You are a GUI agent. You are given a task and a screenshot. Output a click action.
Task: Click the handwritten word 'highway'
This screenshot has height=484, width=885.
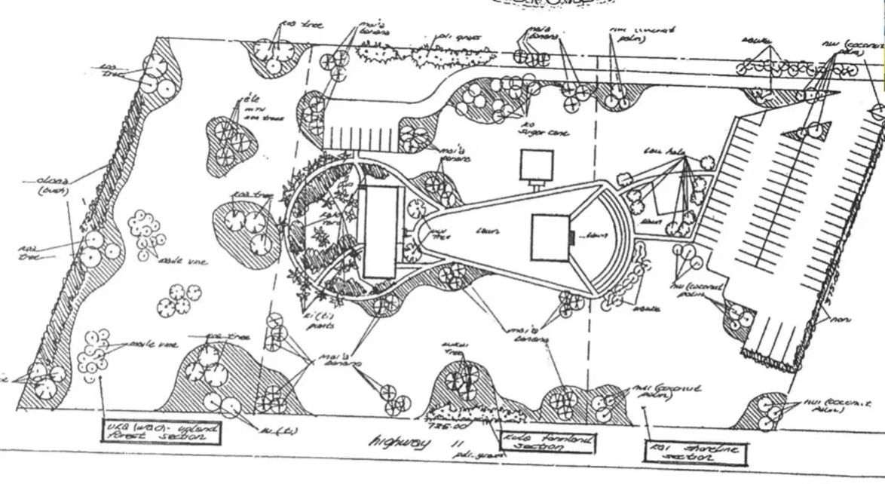pyautogui.click(x=394, y=443)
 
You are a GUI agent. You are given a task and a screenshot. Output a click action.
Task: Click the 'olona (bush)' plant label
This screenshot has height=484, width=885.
pyautogui.click(x=51, y=185)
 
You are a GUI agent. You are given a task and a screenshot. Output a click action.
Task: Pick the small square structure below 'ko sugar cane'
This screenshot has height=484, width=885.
pyautogui.click(x=537, y=164)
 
